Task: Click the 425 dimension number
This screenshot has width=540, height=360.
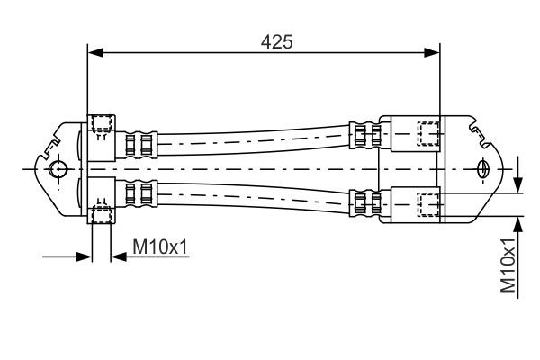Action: pyautogui.click(x=276, y=40)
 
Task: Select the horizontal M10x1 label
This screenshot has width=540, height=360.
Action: pyautogui.click(x=160, y=246)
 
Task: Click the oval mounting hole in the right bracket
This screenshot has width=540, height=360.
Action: pyautogui.click(x=483, y=168)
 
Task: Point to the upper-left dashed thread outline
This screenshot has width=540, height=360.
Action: pyautogui.click(x=102, y=124)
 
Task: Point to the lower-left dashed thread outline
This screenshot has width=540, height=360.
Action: pyautogui.click(x=102, y=213)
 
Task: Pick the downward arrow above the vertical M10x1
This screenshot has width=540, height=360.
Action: pyautogui.click(x=518, y=184)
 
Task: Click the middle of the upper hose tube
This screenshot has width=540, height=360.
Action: pyautogui.click(x=252, y=141)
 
